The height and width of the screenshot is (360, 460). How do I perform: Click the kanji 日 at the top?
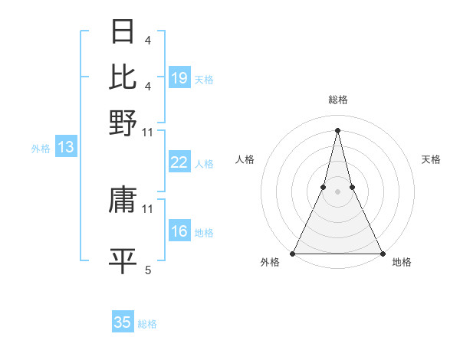click(123, 32)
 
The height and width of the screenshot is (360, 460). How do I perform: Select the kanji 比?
click(123, 77)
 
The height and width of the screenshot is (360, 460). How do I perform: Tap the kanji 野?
click(123, 122)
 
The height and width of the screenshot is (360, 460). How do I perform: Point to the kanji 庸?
click(123, 201)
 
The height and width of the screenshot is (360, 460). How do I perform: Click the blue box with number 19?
click(179, 77)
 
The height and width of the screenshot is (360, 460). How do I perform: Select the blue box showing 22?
click(179, 162)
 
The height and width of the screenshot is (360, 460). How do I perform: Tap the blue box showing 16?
click(179, 231)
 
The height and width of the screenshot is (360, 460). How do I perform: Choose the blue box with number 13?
click(65, 147)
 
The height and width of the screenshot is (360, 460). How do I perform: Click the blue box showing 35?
click(123, 322)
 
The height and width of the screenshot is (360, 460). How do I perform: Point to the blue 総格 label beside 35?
click(147, 324)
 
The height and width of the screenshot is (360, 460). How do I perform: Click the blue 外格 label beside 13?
click(41, 149)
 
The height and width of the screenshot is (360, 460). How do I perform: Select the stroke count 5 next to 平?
click(148, 270)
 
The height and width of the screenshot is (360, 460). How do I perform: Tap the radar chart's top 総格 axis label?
click(338, 100)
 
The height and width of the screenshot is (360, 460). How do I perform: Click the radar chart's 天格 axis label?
click(432, 159)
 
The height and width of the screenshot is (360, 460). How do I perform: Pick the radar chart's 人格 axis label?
click(245, 159)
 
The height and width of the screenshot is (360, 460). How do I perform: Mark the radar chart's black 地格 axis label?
click(402, 263)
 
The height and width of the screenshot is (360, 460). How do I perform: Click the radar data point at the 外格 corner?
click(294, 254)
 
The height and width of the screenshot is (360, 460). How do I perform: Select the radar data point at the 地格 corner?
click(382, 254)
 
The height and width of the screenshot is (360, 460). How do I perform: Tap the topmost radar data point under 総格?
click(338, 129)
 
